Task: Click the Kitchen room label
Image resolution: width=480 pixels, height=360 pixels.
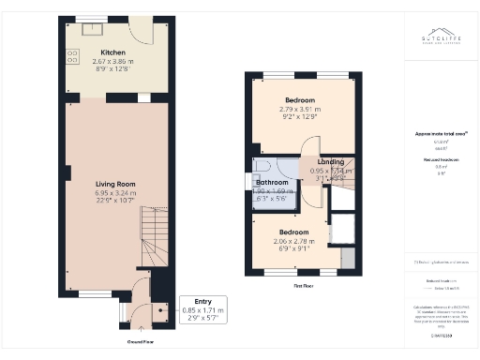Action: pos(115,53)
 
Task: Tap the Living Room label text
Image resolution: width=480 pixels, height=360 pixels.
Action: pos(115,185)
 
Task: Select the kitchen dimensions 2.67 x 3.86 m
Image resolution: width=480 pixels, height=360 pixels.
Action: pos(115,65)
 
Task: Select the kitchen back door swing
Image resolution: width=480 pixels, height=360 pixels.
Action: pos(141,34)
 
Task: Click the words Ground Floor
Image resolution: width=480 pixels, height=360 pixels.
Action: pos(141,342)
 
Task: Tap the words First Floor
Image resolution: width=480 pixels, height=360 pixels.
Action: pos(302,284)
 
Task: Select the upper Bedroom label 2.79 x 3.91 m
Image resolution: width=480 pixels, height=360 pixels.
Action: pos(300,105)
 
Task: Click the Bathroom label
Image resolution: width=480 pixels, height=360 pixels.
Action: pos(273,182)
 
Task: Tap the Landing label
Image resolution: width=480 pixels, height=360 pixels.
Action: pos(329,162)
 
